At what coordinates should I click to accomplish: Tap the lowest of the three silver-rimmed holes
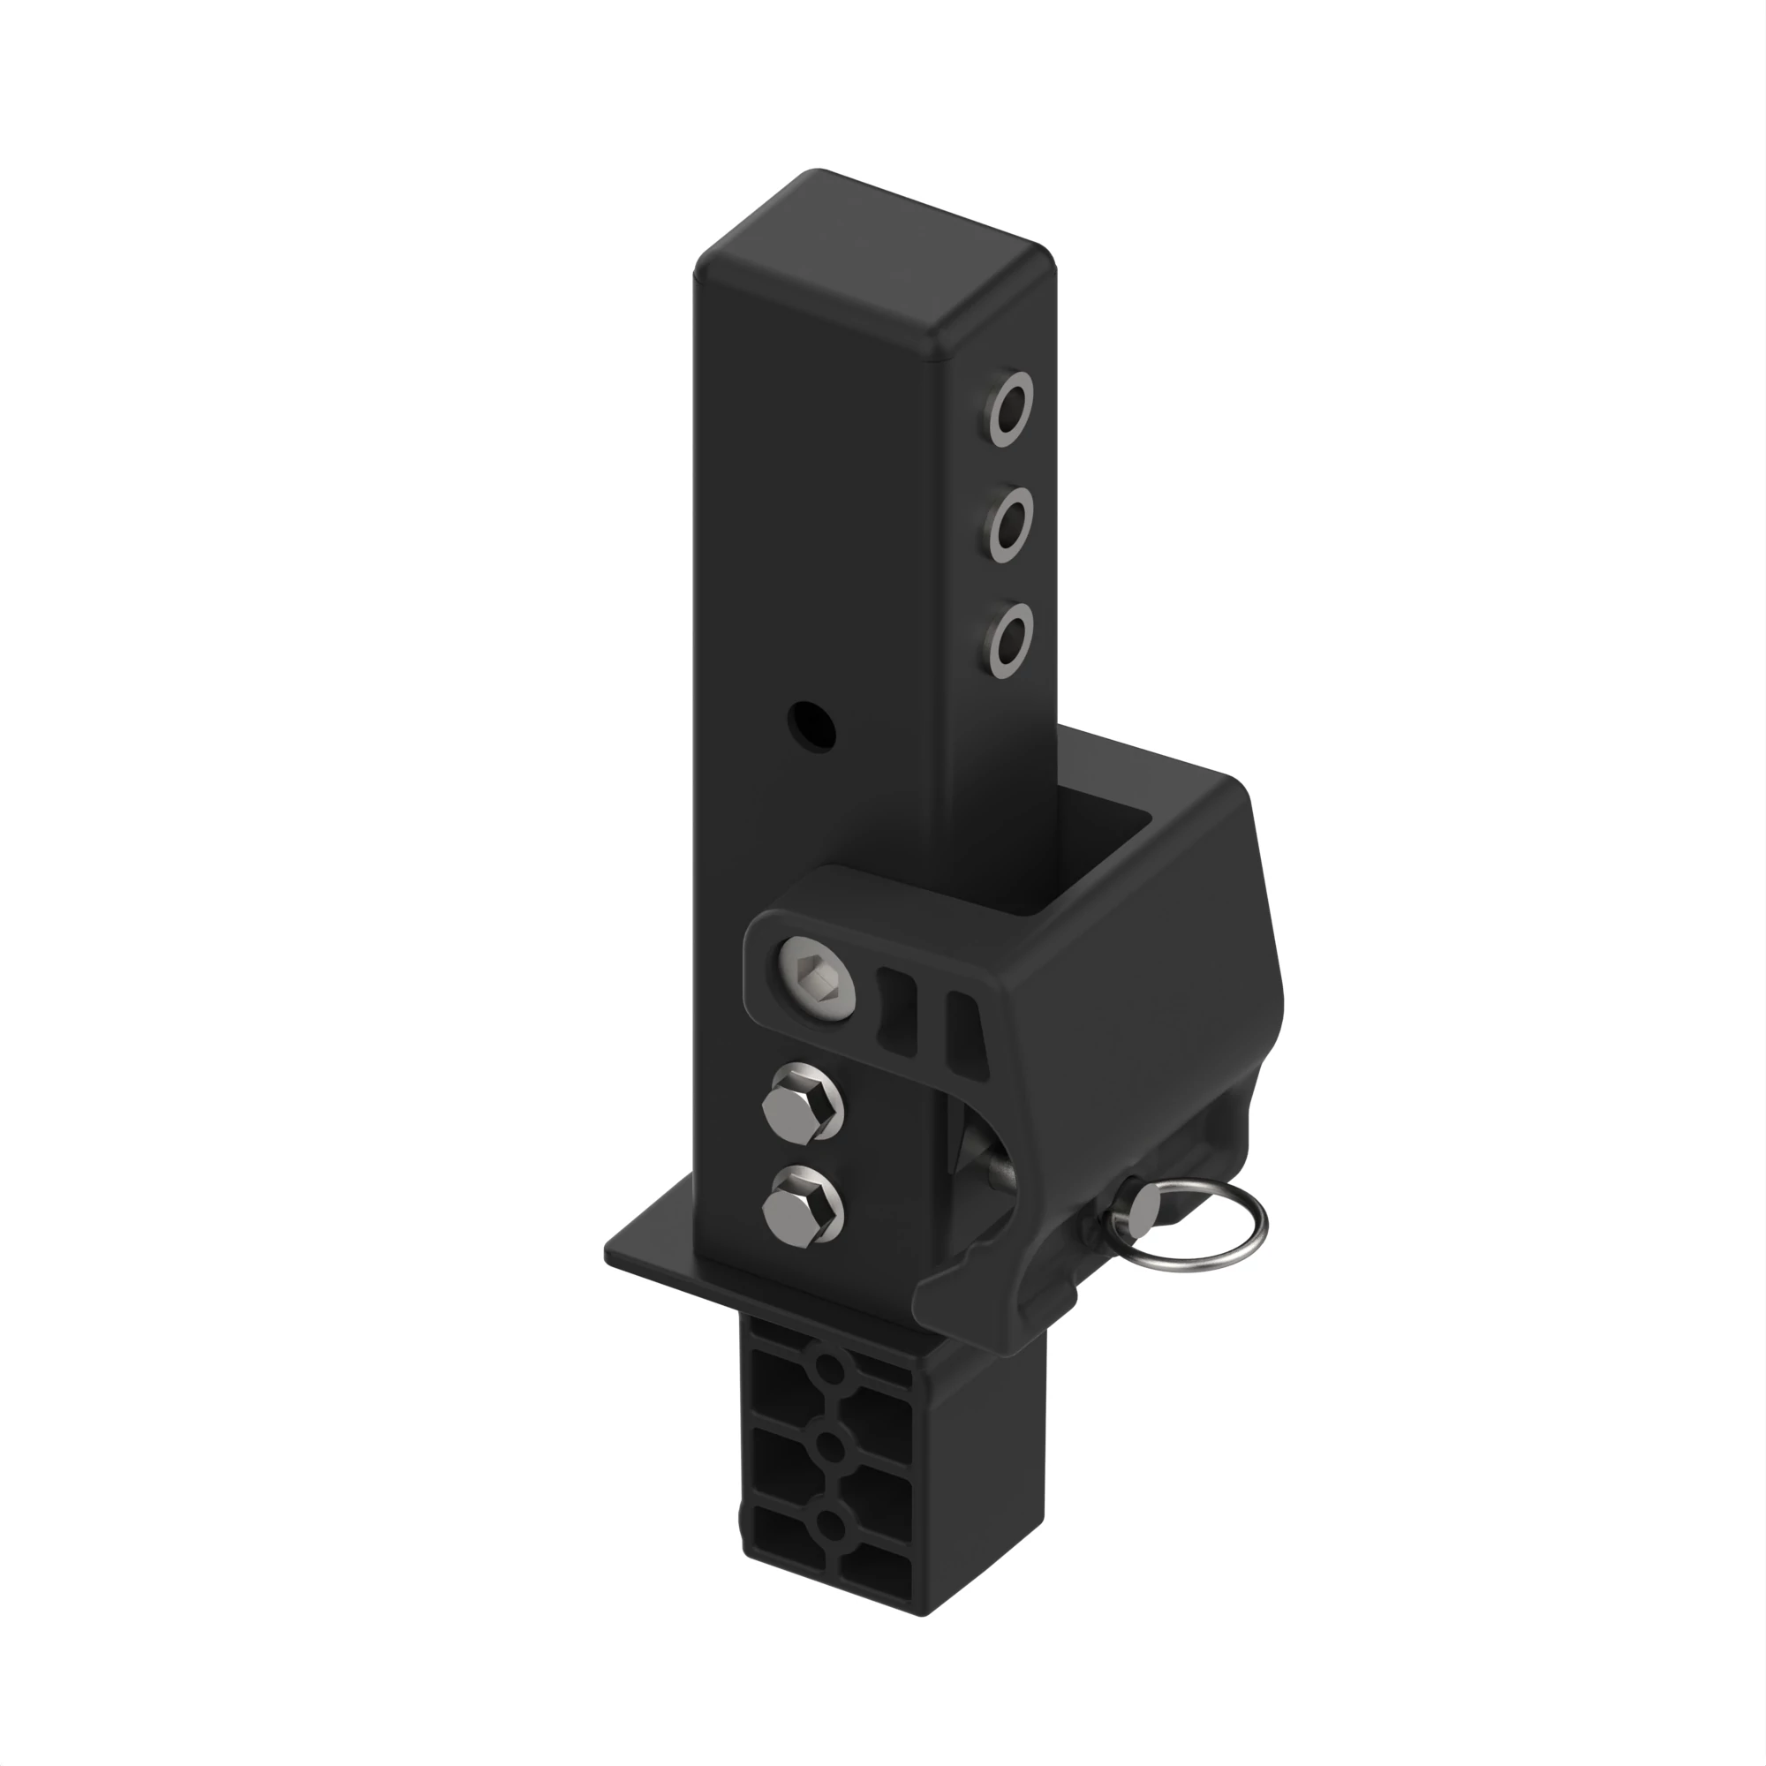1009,639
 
